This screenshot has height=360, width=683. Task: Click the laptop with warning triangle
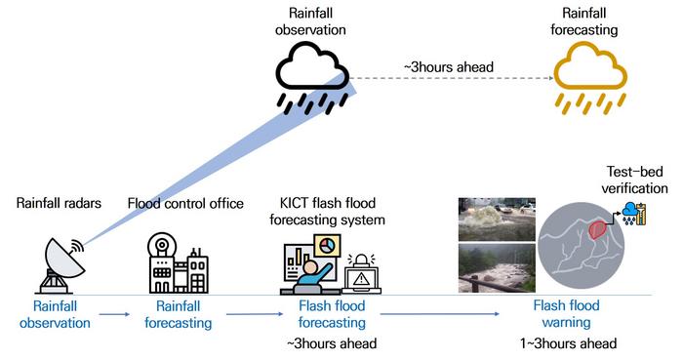pos(361,274)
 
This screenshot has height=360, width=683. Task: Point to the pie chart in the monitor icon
pos(327,247)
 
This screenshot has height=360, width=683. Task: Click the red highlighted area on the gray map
pos(598,228)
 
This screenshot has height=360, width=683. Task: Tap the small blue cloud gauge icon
pos(634,214)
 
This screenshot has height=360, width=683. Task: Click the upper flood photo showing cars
pos(497,219)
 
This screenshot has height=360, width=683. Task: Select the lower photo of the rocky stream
pos(497,267)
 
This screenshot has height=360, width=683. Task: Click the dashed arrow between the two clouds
pos(451,78)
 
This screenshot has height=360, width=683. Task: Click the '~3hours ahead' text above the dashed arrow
pos(449,67)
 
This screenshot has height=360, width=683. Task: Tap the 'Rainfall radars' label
pos(59,203)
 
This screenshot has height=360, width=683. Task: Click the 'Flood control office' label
pos(185,203)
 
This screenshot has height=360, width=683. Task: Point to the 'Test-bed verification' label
pos(634,180)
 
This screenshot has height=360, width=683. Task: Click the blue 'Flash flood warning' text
pos(566,314)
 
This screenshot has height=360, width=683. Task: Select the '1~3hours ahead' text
pos(569,343)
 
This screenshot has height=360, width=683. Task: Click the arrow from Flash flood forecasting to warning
pos(440,314)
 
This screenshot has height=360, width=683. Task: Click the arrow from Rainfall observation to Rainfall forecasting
pos(114,314)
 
